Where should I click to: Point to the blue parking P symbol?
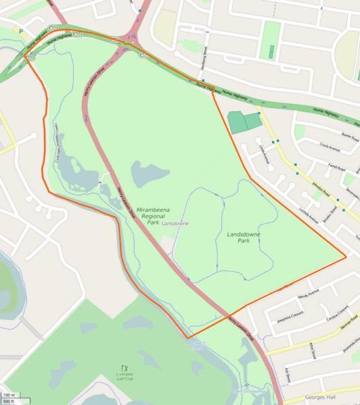[x=21, y=30]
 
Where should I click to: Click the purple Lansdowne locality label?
[x=175, y=223]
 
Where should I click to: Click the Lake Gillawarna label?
[x=247, y=391]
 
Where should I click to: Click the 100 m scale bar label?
[x=8, y=395]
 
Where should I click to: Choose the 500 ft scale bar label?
[x=8, y=402]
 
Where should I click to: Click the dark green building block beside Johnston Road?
[x=242, y=122]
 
